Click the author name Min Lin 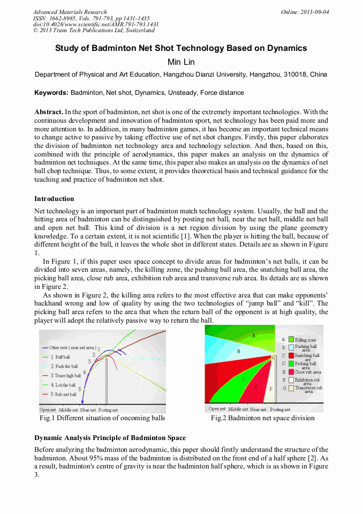click(x=181, y=62)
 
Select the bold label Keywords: click(x=51, y=93)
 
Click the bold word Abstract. click(x=49, y=112)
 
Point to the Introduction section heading click(x=54, y=199)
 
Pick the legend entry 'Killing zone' click(x=305, y=340)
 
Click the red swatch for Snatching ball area click(x=291, y=355)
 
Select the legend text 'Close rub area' click(x=307, y=372)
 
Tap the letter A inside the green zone click(x=253, y=335)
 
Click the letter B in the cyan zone click(x=238, y=351)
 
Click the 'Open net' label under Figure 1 click(x=48, y=409)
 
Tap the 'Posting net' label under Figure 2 click(x=280, y=409)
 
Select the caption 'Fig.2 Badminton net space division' click(x=262, y=418)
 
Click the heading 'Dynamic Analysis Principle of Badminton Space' click(x=110, y=438)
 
